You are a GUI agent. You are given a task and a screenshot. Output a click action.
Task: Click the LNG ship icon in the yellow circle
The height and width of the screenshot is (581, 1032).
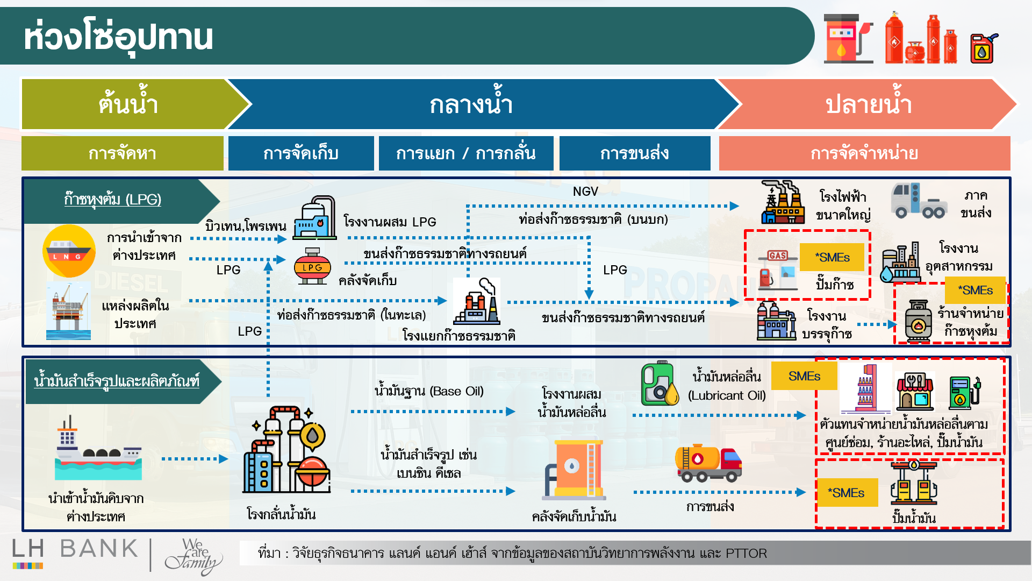coord(69,251)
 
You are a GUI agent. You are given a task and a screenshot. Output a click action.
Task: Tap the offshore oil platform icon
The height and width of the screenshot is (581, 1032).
coord(68,311)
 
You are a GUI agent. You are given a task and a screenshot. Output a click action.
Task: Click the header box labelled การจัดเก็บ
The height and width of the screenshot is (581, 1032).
coord(301,153)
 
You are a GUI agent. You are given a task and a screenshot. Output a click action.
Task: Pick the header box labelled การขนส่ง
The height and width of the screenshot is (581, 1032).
coord(634,153)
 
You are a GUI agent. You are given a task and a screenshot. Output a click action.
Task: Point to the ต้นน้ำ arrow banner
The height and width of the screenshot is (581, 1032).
coord(129,104)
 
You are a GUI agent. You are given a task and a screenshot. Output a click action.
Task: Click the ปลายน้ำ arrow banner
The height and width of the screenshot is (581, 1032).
coord(868,104)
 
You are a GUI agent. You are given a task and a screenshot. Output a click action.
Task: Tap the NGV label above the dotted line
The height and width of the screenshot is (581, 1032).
coord(585,192)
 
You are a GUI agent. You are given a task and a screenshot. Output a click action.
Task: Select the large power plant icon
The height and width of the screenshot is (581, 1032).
coord(783,202)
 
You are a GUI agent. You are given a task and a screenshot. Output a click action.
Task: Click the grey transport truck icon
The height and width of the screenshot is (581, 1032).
coord(919,201)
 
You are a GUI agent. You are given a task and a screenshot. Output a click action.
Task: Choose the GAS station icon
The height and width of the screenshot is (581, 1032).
coord(777,270)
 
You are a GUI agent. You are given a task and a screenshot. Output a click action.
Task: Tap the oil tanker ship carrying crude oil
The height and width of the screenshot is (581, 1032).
coord(98,450)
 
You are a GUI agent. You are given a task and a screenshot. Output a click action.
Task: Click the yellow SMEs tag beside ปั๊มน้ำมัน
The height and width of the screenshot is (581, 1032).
coord(847,493)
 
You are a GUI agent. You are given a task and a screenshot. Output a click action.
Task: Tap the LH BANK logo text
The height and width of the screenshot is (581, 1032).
coord(75,549)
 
